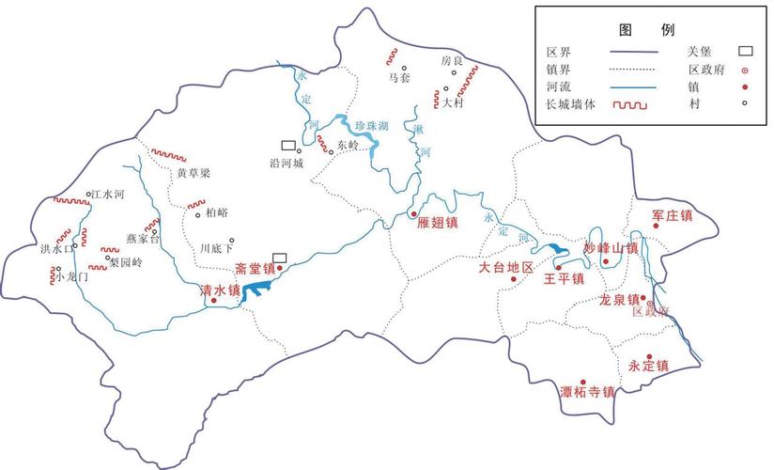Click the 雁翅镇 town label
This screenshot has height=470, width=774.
click(438, 224)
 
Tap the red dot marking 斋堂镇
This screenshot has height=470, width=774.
click(279, 268)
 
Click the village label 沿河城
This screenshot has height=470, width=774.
click(286, 163)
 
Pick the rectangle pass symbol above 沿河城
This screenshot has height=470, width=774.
click(288, 146)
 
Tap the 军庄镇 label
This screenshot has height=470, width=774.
click(672, 216)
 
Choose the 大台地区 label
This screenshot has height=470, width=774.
click(505, 268)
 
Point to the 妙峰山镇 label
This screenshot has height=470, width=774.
click(611, 248)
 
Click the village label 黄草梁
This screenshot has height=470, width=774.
click(194, 173)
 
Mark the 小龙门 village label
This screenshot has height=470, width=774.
click(71, 277)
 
